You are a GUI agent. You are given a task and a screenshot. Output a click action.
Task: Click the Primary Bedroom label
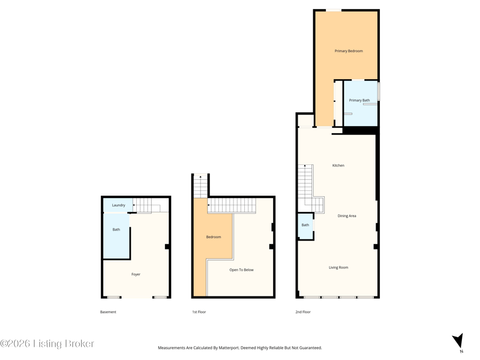point(349,51)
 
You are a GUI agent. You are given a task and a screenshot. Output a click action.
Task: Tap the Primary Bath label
point(359,100)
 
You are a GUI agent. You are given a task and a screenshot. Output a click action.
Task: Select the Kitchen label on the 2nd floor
point(338,166)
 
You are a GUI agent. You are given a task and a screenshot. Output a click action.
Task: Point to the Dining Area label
point(347,216)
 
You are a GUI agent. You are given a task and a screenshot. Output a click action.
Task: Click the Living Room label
point(338,268)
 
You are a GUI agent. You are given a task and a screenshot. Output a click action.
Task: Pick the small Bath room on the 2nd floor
point(305,226)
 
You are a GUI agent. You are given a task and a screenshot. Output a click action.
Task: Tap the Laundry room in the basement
point(118,205)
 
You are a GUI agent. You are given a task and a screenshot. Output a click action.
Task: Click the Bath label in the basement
point(116,230)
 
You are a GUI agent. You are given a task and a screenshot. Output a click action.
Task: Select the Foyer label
point(136,274)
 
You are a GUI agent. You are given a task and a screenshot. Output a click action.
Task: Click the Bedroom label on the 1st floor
point(214,237)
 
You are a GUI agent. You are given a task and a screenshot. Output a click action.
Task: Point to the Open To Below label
point(241,269)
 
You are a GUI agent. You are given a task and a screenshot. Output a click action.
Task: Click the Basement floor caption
point(108,312)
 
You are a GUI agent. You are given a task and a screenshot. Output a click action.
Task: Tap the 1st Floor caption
point(199,312)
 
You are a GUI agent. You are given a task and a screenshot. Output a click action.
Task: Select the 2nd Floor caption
point(303,312)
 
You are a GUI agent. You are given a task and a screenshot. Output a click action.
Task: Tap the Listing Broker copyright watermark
point(47,343)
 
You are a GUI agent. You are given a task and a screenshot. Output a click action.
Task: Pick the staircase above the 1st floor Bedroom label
point(232,205)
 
